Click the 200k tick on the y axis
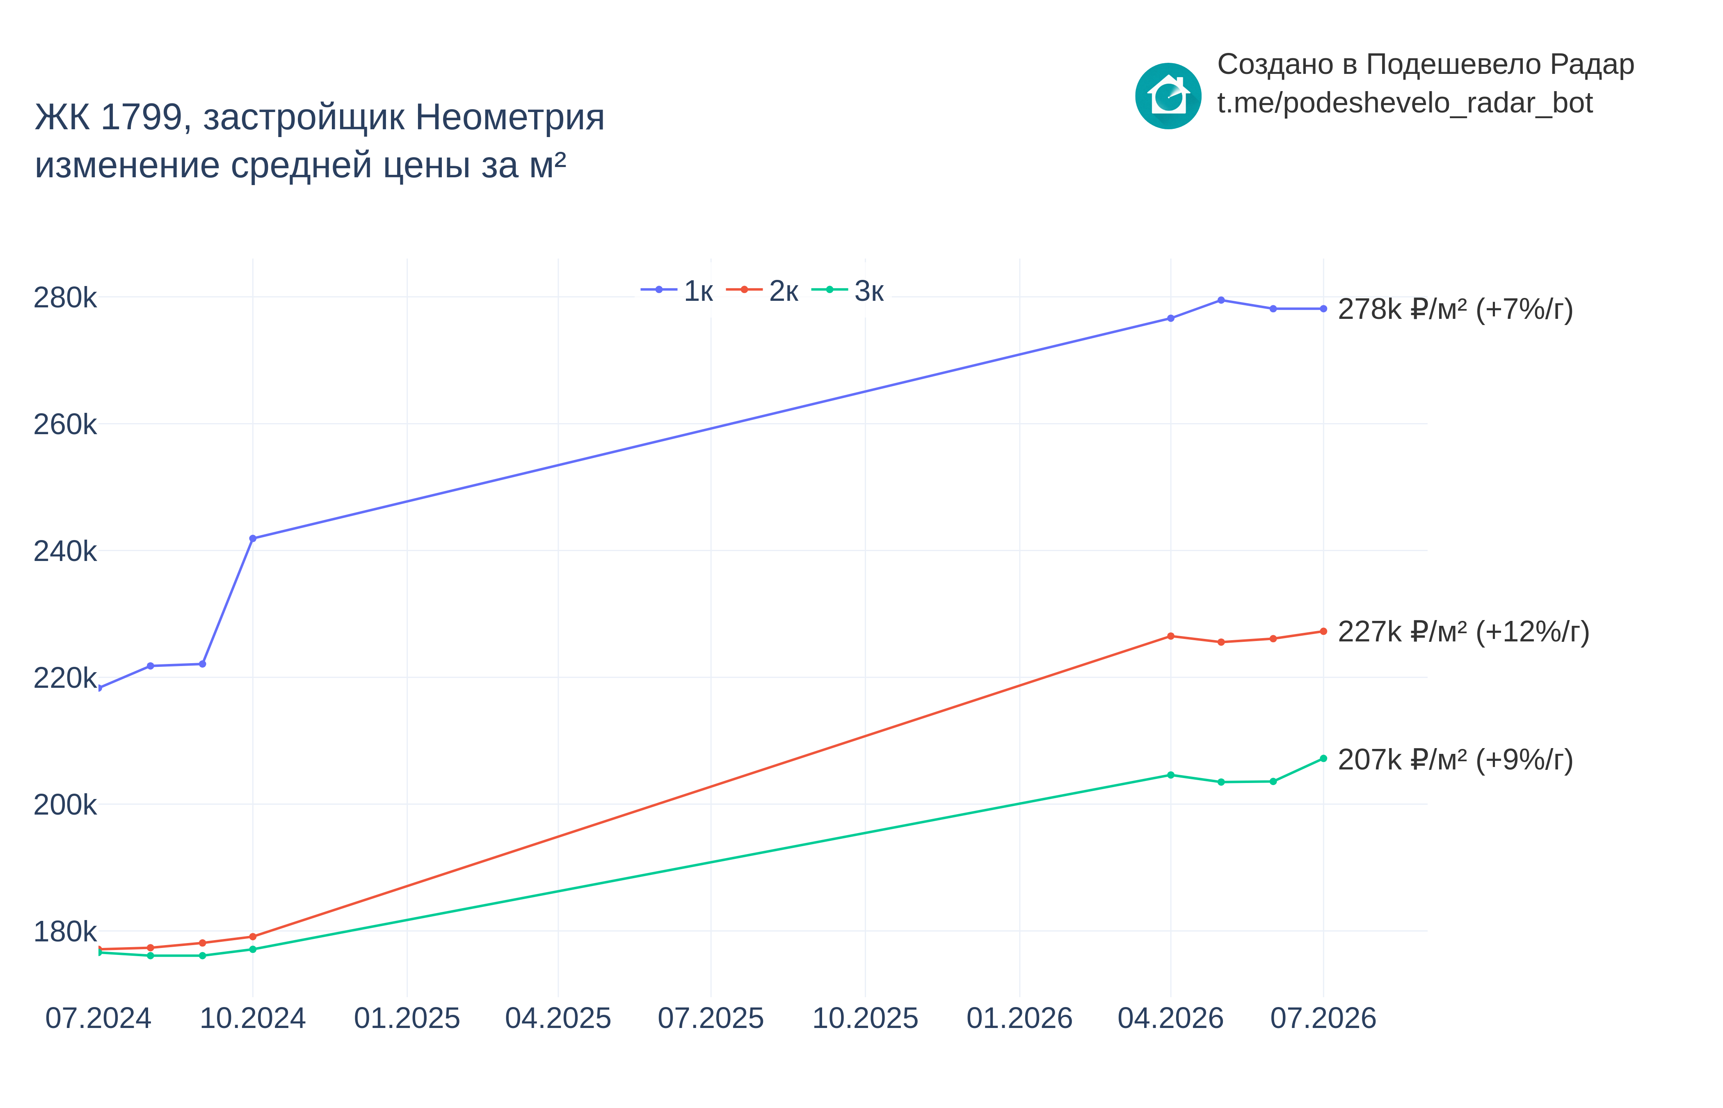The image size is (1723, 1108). pos(65,804)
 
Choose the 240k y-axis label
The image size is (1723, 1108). pos(65,551)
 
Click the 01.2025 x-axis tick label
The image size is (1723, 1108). pos(407,1018)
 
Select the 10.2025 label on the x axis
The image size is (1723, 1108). pos(865,1018)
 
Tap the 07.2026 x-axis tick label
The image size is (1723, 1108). pos(1323,1018)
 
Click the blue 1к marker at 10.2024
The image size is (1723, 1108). pos(252,538)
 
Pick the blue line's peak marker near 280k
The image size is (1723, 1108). pos(1221,300)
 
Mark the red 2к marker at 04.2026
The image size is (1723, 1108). pos(1171,636)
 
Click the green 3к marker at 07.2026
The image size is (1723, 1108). pos(1323,758)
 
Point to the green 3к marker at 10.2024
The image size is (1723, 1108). pos(252,949)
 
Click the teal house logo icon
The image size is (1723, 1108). pos(1168,96)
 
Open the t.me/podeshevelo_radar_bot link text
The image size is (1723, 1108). pos(1404,103)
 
